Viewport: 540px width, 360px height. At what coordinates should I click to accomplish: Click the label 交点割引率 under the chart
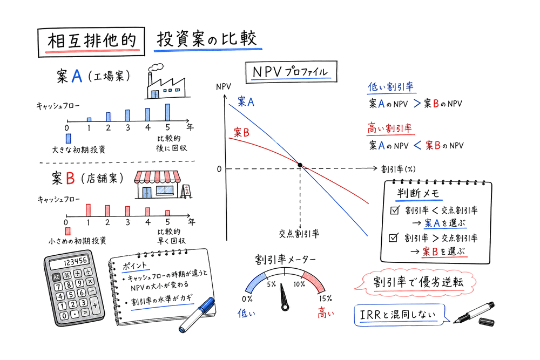pyautogui.click(x=299, y=233)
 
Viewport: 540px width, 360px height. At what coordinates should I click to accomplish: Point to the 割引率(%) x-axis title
pyautogui.click(x=398, y=168)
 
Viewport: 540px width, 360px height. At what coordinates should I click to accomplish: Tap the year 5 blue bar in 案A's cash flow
pyautogui.click(x=167, y=112)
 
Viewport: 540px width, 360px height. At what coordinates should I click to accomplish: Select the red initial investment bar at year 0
pyautogui.click(x=67, y=231)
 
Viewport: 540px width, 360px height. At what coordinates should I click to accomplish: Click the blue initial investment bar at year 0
pyautogui.click(x=68, y=138)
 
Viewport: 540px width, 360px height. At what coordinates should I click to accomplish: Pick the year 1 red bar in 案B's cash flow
pyautogui.click(x=87, y=209)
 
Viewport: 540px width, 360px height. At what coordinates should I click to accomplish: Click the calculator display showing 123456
pyautogui.click(x=75, y=261)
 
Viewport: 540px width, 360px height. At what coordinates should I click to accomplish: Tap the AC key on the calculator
pyautogui.click(x=56, y=276)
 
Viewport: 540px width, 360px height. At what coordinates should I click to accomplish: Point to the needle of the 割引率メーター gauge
pyautogui.click(x=283, y=298)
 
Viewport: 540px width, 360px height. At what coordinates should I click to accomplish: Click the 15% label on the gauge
pyautogui.click(x=325, y=298)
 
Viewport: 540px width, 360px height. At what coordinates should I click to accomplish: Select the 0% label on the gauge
pyautogui.click(x=247, y=298)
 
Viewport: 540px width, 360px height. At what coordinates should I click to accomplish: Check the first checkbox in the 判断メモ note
pyautogui.click(x=394, y=210)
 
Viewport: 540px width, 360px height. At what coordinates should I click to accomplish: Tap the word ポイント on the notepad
pyautogui.click(x=133, y=267)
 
